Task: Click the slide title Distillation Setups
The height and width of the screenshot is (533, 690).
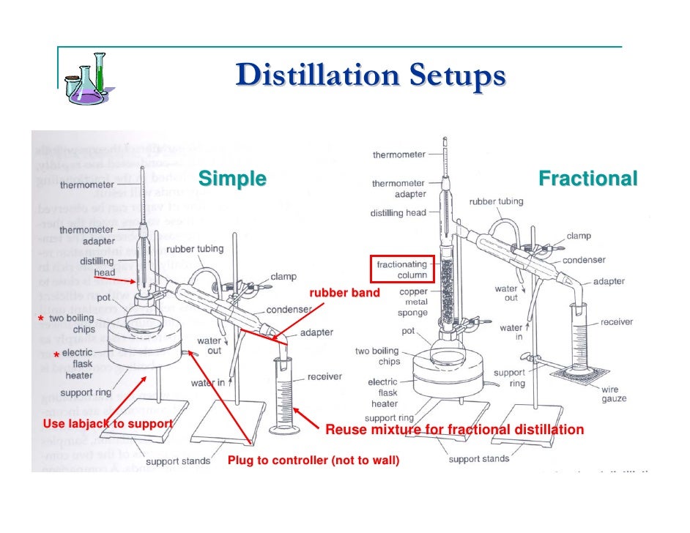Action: [370, 76]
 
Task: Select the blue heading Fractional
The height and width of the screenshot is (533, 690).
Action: [587, 179]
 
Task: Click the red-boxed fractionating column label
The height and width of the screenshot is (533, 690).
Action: [401, 269]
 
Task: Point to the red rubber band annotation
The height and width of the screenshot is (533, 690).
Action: [345, 294]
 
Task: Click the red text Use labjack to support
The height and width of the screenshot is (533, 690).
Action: [108, 424]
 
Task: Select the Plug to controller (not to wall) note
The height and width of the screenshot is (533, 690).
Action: [314, 461]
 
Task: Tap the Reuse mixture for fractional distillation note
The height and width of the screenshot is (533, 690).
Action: [454, 430]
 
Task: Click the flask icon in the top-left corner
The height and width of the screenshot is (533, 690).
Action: [86, 79]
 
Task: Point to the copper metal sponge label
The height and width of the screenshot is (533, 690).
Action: [413, 302]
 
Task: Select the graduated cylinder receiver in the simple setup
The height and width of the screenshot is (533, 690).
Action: [282, 395]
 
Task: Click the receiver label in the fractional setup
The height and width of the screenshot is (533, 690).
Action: [617, 322]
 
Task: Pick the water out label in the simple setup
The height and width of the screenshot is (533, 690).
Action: [209, 346]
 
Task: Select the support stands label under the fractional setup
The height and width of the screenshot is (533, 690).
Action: [478, 459]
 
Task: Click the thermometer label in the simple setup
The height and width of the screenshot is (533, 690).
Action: [87, 185]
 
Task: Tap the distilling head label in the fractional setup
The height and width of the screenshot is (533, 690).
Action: [398, 213]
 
